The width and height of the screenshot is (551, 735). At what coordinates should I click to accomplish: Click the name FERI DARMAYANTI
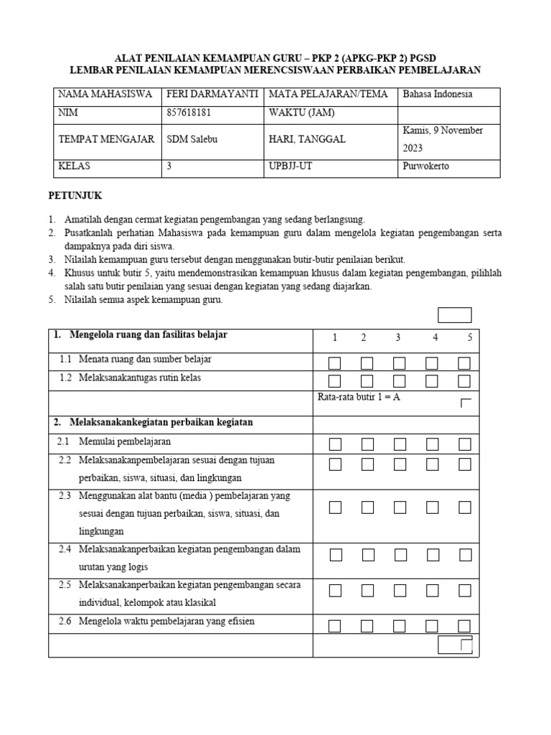click(212, 94)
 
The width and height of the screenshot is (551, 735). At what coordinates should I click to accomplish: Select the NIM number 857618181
click(189, 113)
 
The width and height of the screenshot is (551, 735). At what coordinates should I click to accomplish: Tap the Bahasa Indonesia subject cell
click(438, 94)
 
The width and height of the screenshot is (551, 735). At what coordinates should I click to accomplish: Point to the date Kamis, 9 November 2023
click(443, 139)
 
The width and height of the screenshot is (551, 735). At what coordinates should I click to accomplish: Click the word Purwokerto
click(426, 166)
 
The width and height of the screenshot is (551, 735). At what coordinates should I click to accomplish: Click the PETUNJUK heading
click(75, 195)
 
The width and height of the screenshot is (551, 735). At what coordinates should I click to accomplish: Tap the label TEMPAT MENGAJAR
click(106, 139)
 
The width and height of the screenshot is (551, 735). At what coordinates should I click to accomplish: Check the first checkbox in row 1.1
click(335, 362)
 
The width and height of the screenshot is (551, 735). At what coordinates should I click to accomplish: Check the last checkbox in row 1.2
click(464, 381)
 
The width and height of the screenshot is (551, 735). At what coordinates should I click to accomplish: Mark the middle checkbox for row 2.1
click(400, 444)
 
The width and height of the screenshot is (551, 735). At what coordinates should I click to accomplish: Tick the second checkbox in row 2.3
click(367, 507)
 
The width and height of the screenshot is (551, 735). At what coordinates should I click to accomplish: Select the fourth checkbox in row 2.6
click(432, 626)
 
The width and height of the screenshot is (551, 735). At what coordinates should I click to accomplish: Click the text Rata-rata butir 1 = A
click(359, 397)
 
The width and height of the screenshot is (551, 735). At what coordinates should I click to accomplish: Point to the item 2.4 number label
click(65, 550)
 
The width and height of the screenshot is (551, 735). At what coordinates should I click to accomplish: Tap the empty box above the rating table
click(455, 315)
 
